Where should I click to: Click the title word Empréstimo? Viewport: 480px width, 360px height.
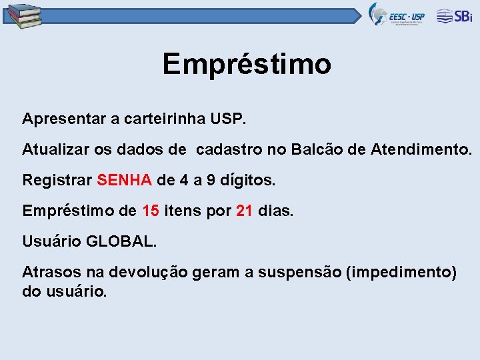coord(247,65)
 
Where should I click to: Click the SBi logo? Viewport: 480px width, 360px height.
coord(455,16)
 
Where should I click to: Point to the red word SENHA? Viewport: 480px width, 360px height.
coord(125,180)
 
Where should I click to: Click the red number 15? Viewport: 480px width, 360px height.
coord(151,211)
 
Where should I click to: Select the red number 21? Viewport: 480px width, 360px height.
coord(245,211)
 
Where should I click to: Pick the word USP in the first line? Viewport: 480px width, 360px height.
coord(229,119)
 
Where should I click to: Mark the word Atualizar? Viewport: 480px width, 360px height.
coord(55,150)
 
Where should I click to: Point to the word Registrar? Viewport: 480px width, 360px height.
coord(57,181)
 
